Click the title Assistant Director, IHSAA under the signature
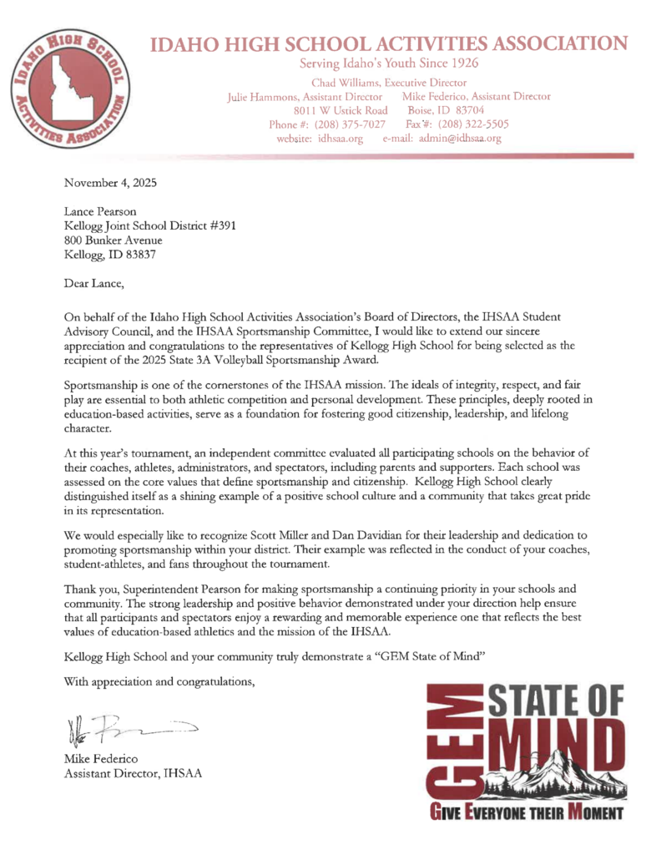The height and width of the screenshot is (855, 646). (133, 772)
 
